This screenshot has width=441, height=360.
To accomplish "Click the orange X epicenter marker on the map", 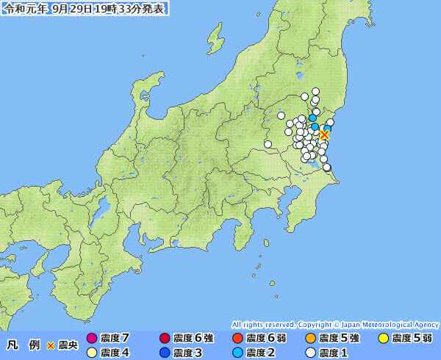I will tap(324, 134).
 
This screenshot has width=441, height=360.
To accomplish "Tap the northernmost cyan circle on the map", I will tap(312, 118).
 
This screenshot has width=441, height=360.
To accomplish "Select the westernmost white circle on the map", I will tap(268, 144).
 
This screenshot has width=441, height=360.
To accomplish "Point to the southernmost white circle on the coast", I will tap(327, 168).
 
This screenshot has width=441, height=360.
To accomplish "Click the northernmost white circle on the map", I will tap(315, 91).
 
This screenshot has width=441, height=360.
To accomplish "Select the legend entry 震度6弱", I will tap(258, 338).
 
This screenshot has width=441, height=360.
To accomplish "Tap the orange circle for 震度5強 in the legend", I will tap(311, 339).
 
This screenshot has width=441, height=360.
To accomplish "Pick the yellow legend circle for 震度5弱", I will tap(383, 339).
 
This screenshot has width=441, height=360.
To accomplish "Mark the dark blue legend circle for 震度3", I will tap(164, 353).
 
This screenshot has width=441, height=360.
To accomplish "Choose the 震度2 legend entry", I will tap(258, 353).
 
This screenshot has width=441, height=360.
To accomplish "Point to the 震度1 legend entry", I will tap(331, 353).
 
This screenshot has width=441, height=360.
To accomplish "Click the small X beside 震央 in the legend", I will tap(51, 345).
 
